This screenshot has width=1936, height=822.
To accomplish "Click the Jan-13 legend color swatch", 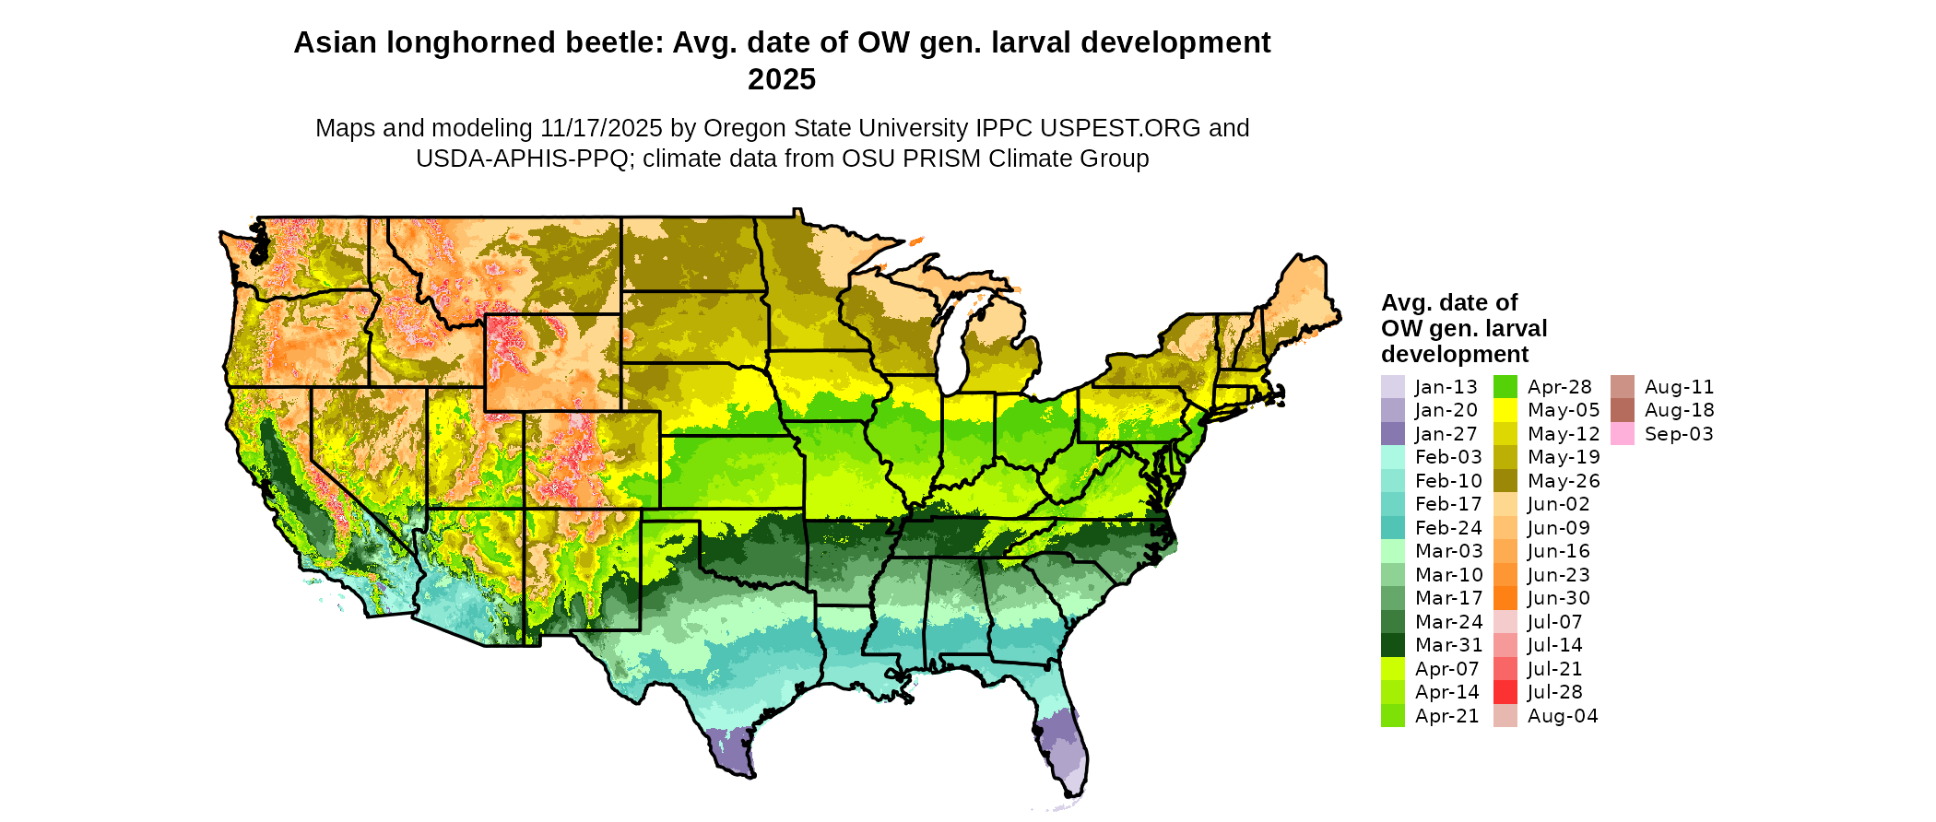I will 1392,387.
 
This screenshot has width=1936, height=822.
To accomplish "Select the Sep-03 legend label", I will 1679,434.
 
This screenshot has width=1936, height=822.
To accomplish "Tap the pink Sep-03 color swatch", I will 1623,434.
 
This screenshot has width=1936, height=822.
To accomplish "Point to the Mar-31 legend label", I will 1449,645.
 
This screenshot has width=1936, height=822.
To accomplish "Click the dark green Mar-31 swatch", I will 1392,645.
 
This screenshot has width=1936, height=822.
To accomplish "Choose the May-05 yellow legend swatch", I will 1505,410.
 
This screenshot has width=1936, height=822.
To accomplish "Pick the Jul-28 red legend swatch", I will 1505,692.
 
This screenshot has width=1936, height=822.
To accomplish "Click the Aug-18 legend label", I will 1679,410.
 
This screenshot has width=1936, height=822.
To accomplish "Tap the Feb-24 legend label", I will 1448,528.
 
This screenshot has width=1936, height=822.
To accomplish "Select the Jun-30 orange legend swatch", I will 1505,598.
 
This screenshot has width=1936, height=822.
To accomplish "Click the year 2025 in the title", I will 782,79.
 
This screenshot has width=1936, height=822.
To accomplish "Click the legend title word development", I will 1455,354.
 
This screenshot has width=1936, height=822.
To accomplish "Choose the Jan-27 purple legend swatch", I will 1392,434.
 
